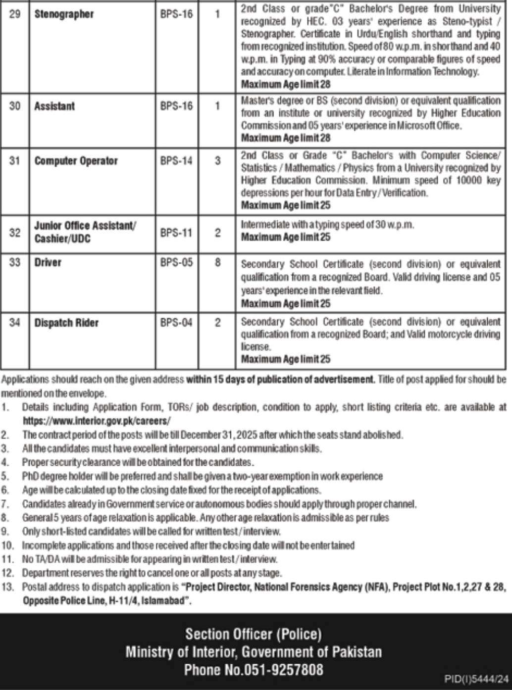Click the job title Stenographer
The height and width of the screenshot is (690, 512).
click(x=64, y=14)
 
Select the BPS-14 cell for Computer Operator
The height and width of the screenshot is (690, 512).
click(x=176, y=161)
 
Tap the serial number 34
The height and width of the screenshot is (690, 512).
click(x=15, y=323)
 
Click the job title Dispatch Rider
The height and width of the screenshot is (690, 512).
click(x=66, y=323)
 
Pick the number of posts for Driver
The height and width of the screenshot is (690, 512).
click(x=217, y=262)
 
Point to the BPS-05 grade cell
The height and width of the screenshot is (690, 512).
click(x=176, y=262)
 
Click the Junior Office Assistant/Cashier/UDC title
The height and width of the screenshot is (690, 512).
click(x=84, y=232)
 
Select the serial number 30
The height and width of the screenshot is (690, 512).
click(x=15, y=106)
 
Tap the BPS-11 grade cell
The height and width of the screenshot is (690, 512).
click(x=176, y=233)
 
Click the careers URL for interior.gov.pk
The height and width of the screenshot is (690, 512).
click(x=97, y=421)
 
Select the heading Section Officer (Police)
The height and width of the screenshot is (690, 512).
click(x=254, y=634)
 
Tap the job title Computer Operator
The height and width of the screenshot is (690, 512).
click(x=76, y=161)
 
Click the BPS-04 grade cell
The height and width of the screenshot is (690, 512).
click(x=176, y=323)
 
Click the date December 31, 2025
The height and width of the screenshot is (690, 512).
click(x=217, y=435)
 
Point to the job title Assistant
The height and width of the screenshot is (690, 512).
click(x=54, y=106)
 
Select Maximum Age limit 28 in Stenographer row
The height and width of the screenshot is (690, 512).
click(x=286, y=84)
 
